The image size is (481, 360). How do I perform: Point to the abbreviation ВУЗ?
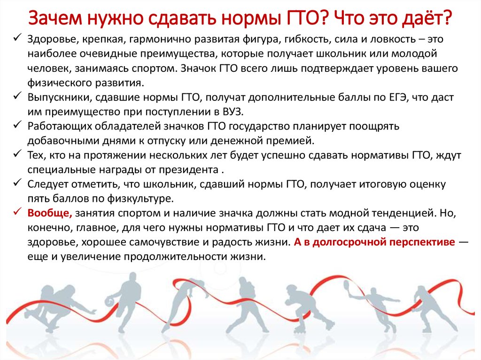[233, 112]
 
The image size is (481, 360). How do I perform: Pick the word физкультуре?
[140, 199]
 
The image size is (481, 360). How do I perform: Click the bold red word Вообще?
[50, 214]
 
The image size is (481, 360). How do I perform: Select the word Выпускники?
[60, 98]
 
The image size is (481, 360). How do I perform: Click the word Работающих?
[60, 127]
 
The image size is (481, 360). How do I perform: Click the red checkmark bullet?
[17, 212]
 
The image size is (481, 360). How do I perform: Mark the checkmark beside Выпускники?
[17, 96]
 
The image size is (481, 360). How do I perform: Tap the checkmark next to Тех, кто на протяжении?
[17, 154]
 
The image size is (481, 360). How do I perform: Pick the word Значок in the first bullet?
[199, 69]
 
